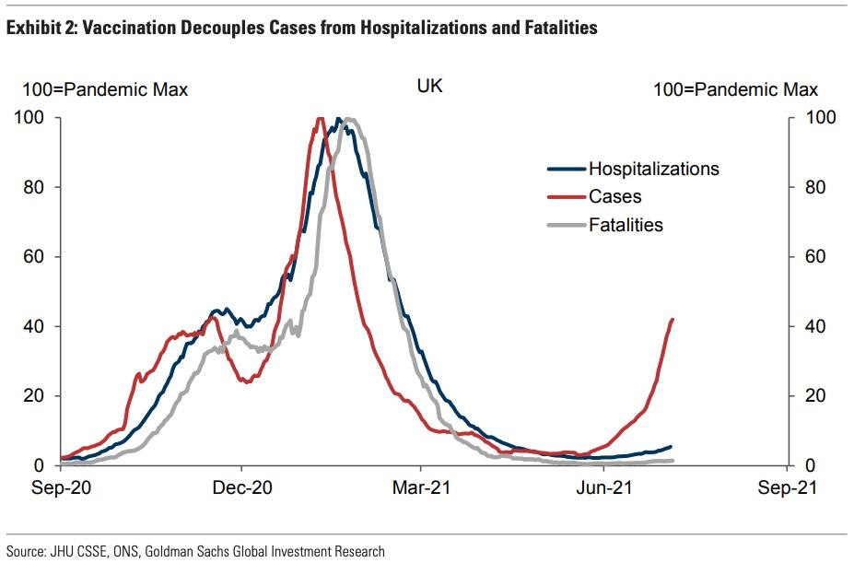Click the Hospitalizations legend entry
point(653,170)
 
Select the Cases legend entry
point(614,197)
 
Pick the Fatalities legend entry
point(626,225)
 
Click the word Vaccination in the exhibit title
point(122,29)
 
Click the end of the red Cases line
point(673,320)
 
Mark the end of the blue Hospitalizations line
point(671,446)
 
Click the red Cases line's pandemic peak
point(320,118)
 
